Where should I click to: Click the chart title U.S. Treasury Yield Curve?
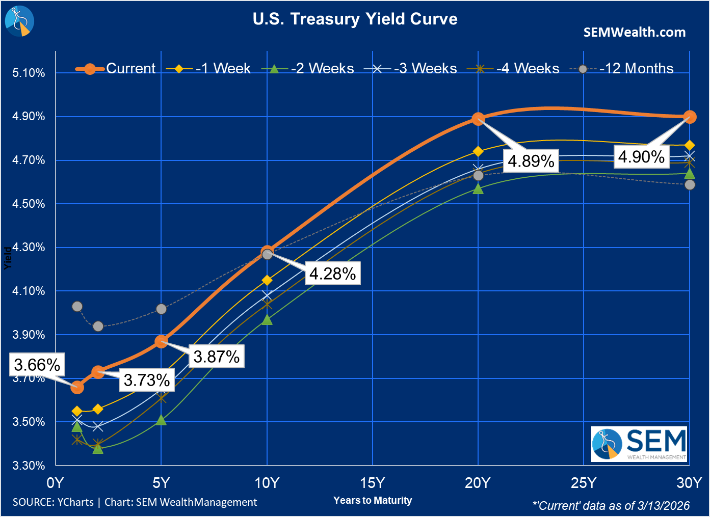click(355, 19)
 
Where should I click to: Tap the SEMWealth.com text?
click(634, 32)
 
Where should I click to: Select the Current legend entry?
click(116, 68)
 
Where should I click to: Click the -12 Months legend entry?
click(627, 68)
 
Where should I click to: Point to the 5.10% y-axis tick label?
click(29, 73)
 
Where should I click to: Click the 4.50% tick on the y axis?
click(29, 204)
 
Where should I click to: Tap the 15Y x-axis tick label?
click(373, 483)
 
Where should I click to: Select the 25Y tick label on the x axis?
click(584, 483)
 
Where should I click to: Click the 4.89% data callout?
click(531, 161)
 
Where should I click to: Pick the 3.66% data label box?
click(37, 365)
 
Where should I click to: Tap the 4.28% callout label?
click(332, 274)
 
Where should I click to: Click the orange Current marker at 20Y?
click(478, 119)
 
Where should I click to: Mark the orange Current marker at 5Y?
click(161, 342)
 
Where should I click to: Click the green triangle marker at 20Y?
click(478, 189)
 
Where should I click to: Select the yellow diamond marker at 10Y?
click(267, 280)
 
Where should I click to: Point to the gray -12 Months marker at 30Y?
click(690, 185)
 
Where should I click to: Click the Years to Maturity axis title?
click(373, 500)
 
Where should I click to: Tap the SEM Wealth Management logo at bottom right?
click(639, 444)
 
